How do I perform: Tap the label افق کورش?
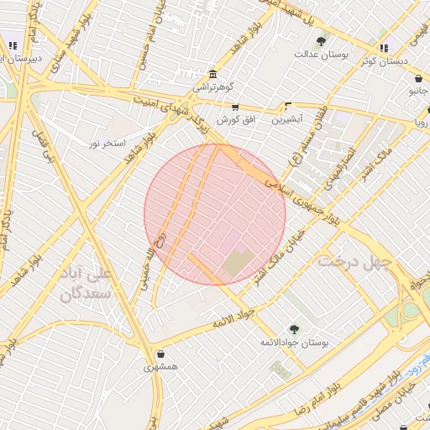coord(235,119)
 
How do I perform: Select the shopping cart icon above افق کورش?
coord(235,107)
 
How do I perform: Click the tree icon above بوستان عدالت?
coord(320,40)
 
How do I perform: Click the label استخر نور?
coord(108,144)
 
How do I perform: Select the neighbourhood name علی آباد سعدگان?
coord(87,285)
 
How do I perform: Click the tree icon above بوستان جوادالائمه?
coord(294,329)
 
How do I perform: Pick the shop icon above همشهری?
coord(160,354)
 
